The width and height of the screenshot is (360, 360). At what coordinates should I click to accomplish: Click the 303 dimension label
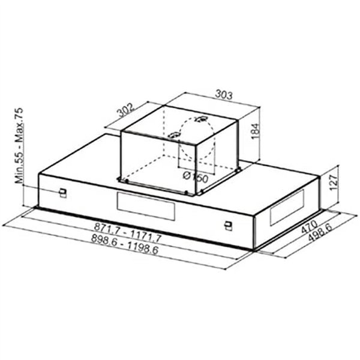[x=223, y=94]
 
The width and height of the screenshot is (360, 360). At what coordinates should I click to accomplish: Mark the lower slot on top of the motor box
[x=174, y=135]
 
